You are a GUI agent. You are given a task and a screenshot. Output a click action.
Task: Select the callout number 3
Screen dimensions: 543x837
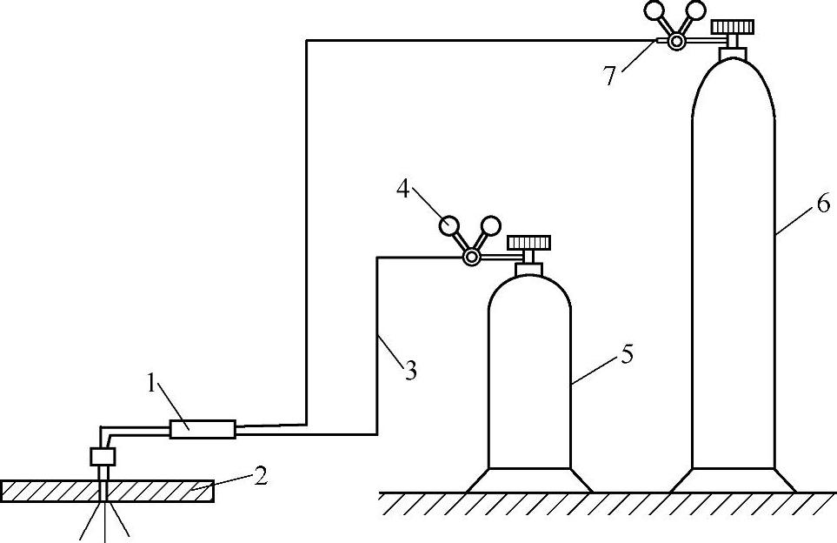point(409,371)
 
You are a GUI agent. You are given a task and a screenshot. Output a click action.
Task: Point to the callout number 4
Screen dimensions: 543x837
point(402,188)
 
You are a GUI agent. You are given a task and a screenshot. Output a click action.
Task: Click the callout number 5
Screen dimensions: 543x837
point(627,355)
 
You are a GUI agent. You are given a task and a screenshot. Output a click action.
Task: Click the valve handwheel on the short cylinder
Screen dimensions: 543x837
point(528,241)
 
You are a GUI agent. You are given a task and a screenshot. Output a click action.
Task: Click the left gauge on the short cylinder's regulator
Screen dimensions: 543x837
point(450,225)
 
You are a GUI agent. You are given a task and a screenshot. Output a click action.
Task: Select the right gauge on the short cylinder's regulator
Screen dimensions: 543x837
point(490,225)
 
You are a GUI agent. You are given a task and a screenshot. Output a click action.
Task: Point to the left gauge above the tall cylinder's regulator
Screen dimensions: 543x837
point(654,11)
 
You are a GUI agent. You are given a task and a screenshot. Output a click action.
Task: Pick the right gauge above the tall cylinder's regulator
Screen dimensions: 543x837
point(694,11)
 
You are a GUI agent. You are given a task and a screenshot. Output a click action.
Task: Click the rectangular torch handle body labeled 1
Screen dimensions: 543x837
point(203,429)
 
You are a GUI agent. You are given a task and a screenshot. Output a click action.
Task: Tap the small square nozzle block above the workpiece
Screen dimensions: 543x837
point(103,455)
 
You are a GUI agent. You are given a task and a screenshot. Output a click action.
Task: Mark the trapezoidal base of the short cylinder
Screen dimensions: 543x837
point(528,479)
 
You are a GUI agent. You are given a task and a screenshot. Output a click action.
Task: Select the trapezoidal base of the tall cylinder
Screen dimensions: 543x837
point(734,479)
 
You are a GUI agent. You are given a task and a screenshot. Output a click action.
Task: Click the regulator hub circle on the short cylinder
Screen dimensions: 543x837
point(471,257)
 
